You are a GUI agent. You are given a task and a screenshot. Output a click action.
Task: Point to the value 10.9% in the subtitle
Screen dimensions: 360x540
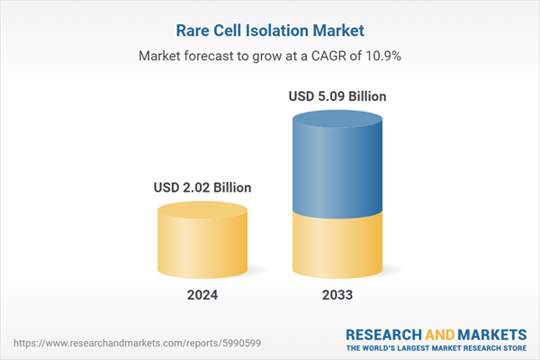[382, 56]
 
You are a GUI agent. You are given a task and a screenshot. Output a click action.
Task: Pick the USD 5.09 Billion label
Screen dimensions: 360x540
[339, 95]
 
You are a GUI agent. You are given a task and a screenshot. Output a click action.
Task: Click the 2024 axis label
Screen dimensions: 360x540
[202, 295]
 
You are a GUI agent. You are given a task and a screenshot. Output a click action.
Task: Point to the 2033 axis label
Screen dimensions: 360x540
[339, 295]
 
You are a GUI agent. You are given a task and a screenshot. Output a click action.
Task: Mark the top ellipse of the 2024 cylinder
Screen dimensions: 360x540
[202, 211]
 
